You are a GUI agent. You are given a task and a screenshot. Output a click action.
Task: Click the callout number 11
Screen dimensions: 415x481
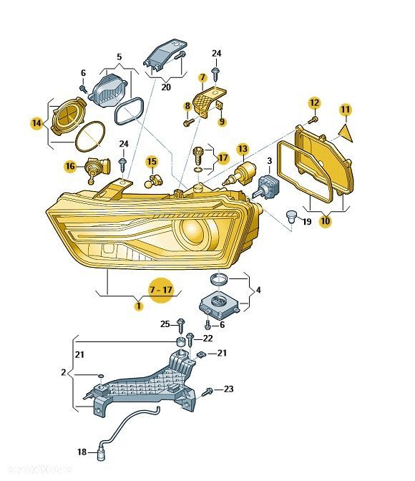pos(346,110)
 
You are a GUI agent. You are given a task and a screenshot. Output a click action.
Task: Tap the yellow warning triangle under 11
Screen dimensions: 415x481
pos(346,132)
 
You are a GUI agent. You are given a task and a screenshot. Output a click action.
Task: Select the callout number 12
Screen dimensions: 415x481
pos(314,103)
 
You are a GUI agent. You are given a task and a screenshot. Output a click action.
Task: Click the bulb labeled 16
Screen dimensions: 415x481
pos(97,170)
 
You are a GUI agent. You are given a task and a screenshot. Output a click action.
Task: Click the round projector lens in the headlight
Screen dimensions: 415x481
pos(193,230)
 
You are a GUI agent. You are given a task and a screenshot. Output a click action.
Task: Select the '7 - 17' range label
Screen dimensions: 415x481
pos(161,290)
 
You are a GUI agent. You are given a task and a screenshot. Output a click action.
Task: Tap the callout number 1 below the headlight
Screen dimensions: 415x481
pos(139,306)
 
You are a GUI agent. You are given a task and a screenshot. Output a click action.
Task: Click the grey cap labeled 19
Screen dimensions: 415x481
pos(290,217)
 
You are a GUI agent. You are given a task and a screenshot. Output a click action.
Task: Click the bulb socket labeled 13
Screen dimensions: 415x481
pos(241,175)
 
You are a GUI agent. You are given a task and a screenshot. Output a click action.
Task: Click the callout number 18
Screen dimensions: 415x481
pos(82,452)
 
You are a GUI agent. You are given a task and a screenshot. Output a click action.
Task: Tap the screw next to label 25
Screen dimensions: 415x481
pos(181,326)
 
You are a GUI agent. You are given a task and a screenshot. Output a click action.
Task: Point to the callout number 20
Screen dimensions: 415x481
pos(166,87)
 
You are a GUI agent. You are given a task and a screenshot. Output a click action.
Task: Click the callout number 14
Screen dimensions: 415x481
pos(36,123)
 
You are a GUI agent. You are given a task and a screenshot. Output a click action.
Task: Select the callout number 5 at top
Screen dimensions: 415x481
pos(119,57)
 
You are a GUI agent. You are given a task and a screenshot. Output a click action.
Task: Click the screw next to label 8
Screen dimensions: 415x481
pos(189,122)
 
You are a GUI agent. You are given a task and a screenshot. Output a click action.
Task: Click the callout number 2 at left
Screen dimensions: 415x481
pos(64,372)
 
